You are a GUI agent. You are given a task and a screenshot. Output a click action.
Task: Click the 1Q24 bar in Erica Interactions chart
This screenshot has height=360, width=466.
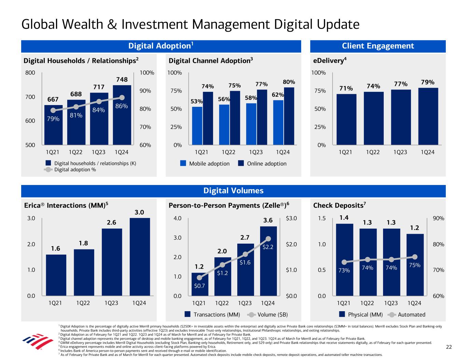click(140, 257)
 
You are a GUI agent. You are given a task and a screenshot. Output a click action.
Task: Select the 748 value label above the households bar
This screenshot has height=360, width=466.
click(122, 80)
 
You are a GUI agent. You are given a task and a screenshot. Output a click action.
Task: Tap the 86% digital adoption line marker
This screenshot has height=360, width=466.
click(122, 98)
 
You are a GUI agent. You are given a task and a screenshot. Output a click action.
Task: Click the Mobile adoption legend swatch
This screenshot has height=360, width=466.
click(183, 163)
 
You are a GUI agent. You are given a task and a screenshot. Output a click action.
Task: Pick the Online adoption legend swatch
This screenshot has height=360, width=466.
click(241, 163)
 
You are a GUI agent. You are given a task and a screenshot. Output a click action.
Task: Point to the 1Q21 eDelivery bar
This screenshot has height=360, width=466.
click(346, 119)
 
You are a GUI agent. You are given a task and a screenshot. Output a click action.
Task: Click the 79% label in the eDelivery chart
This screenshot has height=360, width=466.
click(427, 82)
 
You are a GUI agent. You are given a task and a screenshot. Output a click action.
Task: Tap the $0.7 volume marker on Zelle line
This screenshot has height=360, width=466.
click(199, 278)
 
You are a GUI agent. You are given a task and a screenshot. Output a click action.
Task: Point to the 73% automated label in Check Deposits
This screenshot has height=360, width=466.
click(344, 271)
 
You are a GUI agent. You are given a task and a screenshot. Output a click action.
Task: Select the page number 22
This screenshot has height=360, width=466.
click(449, 347)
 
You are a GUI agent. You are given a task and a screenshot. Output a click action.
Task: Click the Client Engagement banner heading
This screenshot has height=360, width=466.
click(378, 46)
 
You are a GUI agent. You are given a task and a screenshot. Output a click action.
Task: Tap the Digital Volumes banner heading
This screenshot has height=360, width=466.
click(233, 191)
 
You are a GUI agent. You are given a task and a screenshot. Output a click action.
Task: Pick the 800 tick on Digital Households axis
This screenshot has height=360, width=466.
click(30, 73)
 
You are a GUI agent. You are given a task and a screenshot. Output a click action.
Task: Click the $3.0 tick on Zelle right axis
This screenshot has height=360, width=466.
click(291, 218)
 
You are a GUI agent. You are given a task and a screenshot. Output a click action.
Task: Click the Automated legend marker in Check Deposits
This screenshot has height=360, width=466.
click(393, 315)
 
